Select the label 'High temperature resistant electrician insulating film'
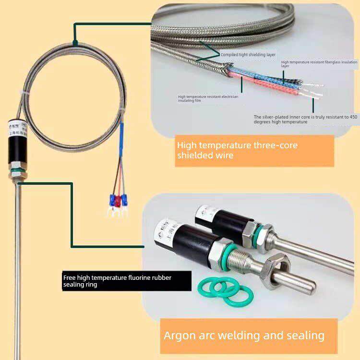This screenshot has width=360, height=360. tap(208, 98)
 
